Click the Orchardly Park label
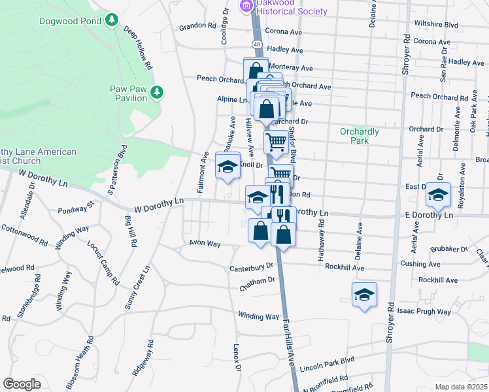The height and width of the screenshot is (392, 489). point(359,136)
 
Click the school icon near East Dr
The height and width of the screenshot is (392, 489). point(438,194)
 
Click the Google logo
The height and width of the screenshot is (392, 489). point(22,384)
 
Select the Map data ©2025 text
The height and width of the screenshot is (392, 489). point(460,387)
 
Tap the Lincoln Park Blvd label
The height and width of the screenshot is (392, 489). point(326,367)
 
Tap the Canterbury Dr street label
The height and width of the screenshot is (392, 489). point(250,267)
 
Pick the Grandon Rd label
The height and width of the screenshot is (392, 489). point(197,27)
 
